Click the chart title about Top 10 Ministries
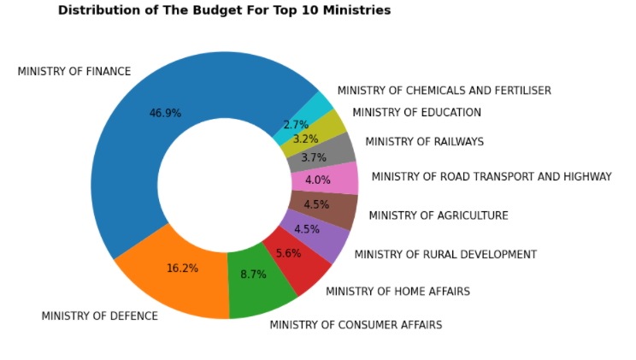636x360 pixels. [x=224, y=10]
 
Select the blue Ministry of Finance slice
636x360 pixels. [x=134, y=134]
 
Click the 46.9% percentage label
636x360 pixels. [x=165, y=113]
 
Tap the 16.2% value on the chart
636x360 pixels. [x=183, y=269]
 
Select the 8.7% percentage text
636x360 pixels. [x=254, y=274]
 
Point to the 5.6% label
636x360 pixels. [x=288, y=253]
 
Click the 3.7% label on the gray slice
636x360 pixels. [x=314, y=157]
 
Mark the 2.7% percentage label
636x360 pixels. [x=296, y=125]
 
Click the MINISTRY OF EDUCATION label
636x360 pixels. [x=416, y=112]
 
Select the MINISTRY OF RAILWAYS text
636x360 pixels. [x=424, y=142]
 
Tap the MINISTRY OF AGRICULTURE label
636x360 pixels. [x=439, y=215]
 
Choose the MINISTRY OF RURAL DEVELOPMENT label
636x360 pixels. [x=445, y=255]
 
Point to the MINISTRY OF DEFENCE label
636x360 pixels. [x=100, y=316]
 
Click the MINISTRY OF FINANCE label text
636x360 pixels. [x=74, y=72]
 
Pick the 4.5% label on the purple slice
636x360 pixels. [x=307, y=229]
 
